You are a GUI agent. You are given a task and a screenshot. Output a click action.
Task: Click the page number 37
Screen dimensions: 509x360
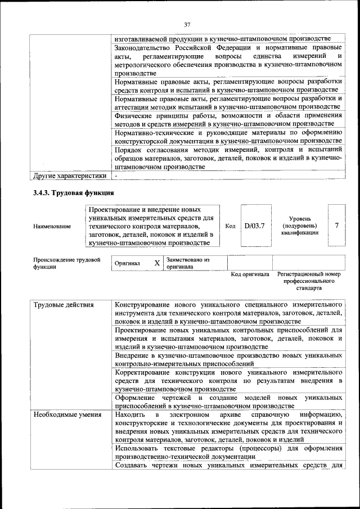[x=187, y=24]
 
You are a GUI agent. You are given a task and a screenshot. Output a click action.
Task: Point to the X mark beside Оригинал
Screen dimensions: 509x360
[x=157, y=263]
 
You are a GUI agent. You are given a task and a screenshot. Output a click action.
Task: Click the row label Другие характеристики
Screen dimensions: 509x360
[x=70, y=175]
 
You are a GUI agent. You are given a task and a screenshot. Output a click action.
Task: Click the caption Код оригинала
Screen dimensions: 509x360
[x=250, y=274]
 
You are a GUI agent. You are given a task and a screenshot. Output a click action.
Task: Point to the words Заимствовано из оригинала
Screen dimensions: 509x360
[x=188, y=263]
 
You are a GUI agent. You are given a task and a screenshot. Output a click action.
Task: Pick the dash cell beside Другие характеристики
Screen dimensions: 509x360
[x=116, y=176]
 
